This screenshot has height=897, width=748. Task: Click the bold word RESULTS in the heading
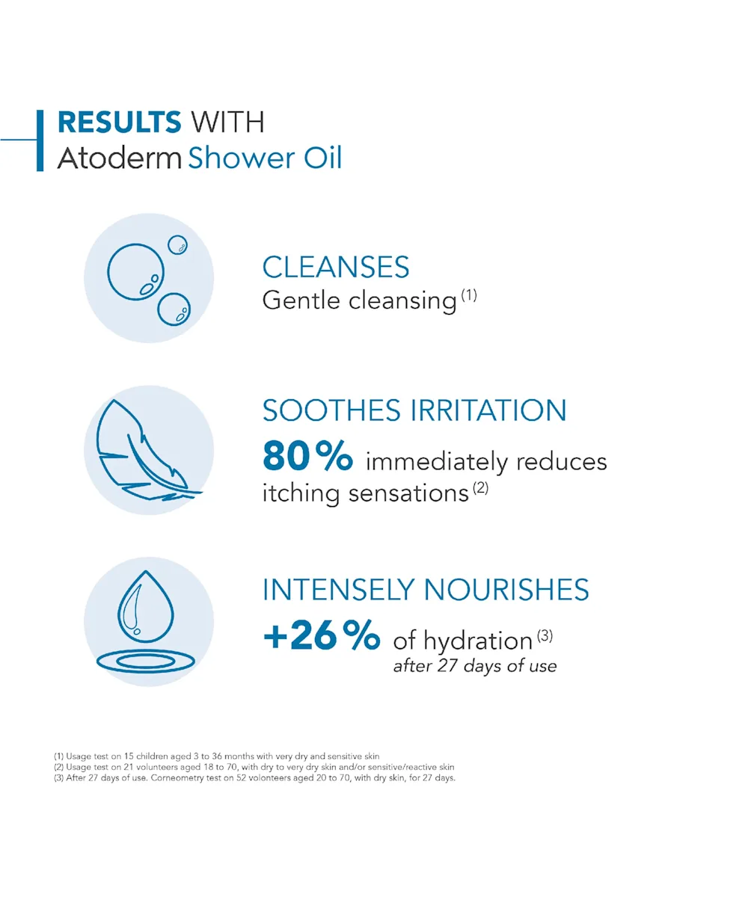[119, 122]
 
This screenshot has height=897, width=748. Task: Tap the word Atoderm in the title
[120, 158]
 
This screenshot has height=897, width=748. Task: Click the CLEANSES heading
[336, 267]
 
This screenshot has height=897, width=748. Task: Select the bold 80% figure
[307, 455]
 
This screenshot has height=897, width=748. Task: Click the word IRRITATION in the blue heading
[488, 410]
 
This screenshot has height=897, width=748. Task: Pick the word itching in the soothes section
[301, 493]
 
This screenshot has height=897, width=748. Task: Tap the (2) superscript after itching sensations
[481, 487]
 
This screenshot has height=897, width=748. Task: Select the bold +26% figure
[322, 635]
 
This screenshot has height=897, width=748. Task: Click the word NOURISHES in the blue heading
[506, 590]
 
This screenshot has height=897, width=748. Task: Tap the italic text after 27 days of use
[475, 666]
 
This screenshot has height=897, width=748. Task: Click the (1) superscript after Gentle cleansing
[469, 295]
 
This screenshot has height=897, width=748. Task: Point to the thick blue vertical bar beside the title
[40, 141]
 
